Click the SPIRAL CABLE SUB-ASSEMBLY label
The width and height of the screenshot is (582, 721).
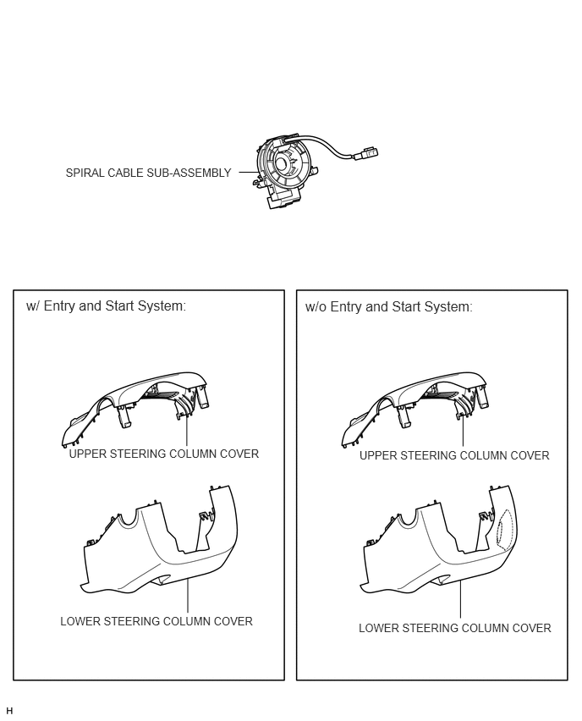point(148,173)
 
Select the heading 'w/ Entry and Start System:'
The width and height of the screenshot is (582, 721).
point(107,305)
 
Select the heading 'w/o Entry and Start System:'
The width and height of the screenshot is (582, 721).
point(388,306)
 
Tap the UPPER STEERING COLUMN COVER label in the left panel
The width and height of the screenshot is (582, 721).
point(163,454)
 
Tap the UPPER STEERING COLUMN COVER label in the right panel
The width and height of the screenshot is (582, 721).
point(454,455)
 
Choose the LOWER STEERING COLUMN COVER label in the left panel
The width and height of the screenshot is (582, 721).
point(156,621)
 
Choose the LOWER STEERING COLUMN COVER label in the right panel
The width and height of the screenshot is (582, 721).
point(454,628)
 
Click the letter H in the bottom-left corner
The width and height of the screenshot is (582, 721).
point(9,711)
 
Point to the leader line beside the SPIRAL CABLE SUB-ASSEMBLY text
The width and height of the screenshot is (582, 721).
point(249,173)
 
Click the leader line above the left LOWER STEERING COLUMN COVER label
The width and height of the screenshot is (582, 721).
point(188,596)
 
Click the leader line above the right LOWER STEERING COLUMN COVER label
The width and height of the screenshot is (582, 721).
point(460,600)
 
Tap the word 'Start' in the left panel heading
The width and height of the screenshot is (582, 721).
point(120,305)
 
